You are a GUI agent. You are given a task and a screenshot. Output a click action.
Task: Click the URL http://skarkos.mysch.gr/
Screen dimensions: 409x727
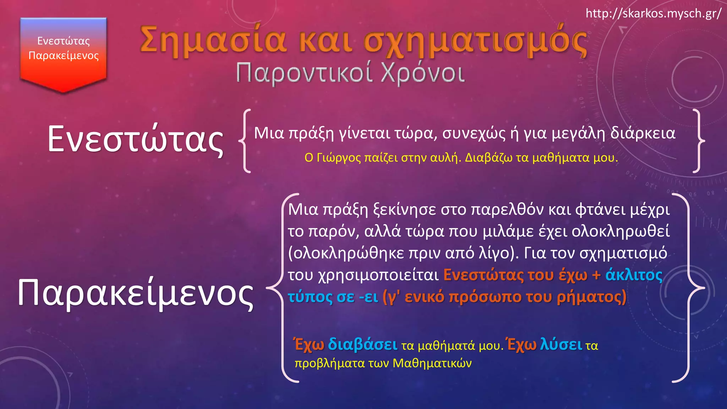pyautogui.click(x=653, y=13)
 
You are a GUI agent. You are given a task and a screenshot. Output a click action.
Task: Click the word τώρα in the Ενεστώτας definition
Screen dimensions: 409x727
pyautogui.click(x=417, y=133)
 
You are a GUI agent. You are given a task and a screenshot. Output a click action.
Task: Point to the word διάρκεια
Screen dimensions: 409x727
pyautogui.click(x=643, y=133)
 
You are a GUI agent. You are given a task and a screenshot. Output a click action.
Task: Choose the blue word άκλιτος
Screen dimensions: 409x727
pyautogui.click(x=634, y=275)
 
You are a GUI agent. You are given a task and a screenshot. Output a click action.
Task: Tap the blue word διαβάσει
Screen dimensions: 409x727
pyautogui.click(x=362, y=344)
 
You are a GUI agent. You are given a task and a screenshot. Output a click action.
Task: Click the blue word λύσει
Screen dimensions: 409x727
pyautogui.click(x=561, y=344)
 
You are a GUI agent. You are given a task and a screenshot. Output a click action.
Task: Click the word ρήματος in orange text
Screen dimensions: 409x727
pyautogui.click(x=591, y=297)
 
